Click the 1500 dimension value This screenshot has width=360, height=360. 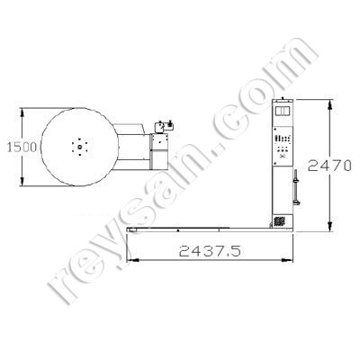click(x=22, y=148)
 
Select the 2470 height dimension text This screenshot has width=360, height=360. click(x=329, y=166)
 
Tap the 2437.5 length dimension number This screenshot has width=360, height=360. click(x=210, y=251)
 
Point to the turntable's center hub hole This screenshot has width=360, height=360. click(x=79, y=147)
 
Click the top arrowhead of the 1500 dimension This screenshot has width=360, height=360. click(x=22, y=112)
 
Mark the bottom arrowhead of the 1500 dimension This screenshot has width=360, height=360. click(x=22, y=182)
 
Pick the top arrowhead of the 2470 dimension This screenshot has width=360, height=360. click(x=329, y=104)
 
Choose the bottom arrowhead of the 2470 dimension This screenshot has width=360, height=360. click(x=329, y=227)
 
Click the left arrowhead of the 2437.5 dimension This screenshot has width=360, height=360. click(x=132, y=260)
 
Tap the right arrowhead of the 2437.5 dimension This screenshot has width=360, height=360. click(x=287, y=260)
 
